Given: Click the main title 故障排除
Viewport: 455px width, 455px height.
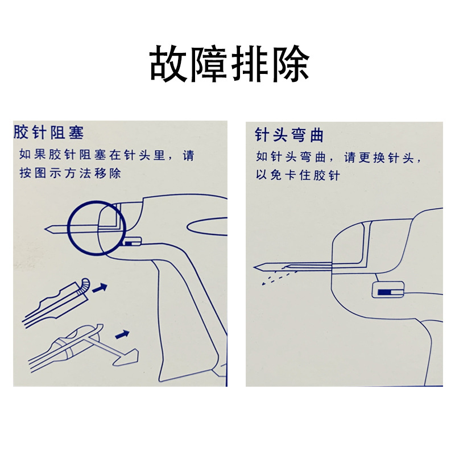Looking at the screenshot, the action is click(229, 64).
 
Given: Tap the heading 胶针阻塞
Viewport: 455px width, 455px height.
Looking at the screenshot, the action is click(49, 133).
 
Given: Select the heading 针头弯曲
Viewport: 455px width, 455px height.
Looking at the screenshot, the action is click(289, 135).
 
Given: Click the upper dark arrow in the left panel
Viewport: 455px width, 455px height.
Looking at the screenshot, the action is click(100, 288).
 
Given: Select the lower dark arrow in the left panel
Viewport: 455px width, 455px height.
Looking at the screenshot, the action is click(122, 334).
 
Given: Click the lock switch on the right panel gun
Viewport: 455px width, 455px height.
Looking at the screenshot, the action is click(388, 289).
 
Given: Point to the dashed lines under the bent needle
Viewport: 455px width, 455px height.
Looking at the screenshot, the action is click(279, 277).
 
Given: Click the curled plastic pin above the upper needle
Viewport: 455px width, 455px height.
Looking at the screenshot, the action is click(84, 285).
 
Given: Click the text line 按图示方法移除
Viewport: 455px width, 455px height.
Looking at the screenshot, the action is click(70, 173).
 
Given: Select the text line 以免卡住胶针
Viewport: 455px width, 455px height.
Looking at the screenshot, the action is click(297, 175).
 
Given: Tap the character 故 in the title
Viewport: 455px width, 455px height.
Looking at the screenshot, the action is click(168, 64).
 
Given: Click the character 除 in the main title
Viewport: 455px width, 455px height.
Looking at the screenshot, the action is click(290, 64).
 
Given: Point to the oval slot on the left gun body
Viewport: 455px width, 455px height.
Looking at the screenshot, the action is click(207, 226).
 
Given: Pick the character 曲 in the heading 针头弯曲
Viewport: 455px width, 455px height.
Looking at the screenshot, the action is click(316, 135).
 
